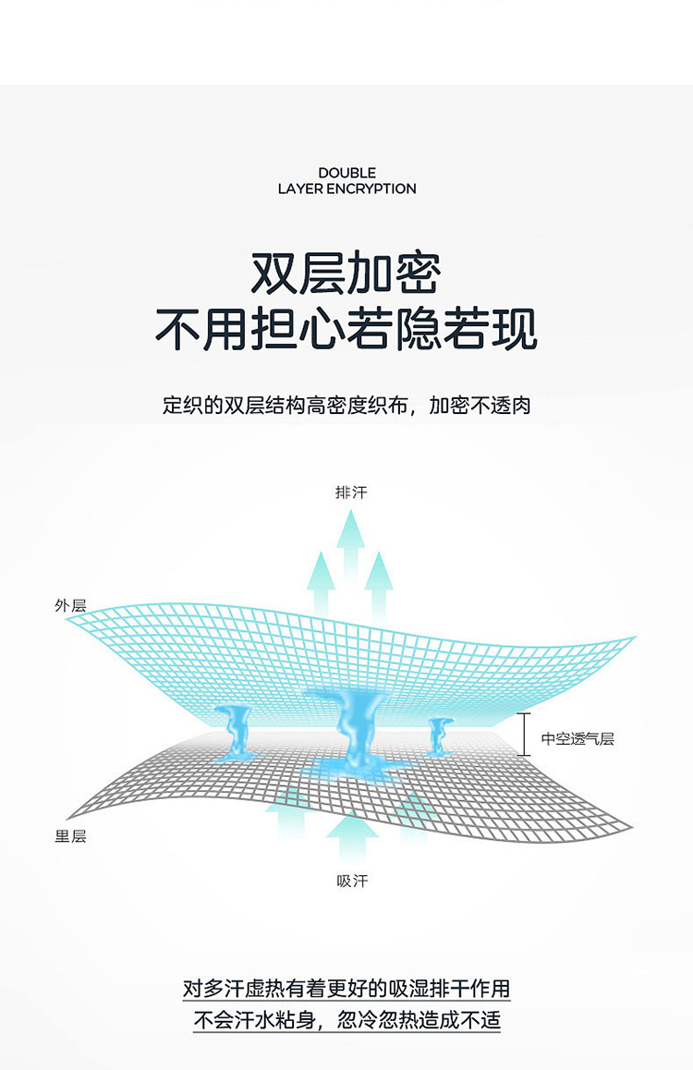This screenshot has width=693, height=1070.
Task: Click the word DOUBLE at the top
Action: (346, 173)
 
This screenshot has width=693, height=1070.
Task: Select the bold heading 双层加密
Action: (346, 273)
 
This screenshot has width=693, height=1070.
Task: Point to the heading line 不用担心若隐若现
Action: (346, 330)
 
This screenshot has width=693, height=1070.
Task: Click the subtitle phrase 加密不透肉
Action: (480, 405)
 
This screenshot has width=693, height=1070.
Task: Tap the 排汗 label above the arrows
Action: (351, 492)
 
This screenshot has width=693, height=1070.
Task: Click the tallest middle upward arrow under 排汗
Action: (350, 545)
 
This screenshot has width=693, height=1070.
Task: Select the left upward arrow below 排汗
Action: (321, 582)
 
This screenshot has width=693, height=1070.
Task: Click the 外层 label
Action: (70, 606)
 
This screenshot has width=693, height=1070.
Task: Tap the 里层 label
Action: (70, 836)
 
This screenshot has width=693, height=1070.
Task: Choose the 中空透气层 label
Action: (577, 737)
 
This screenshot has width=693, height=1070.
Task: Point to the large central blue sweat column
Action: (352, 725)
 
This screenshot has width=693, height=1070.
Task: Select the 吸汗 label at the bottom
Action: (352, 881)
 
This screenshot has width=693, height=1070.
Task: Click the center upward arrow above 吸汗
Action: (352, 836)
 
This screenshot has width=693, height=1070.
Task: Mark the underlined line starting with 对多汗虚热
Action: (346, 989)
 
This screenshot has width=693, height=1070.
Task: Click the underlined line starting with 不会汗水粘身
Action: (346, 1021)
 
